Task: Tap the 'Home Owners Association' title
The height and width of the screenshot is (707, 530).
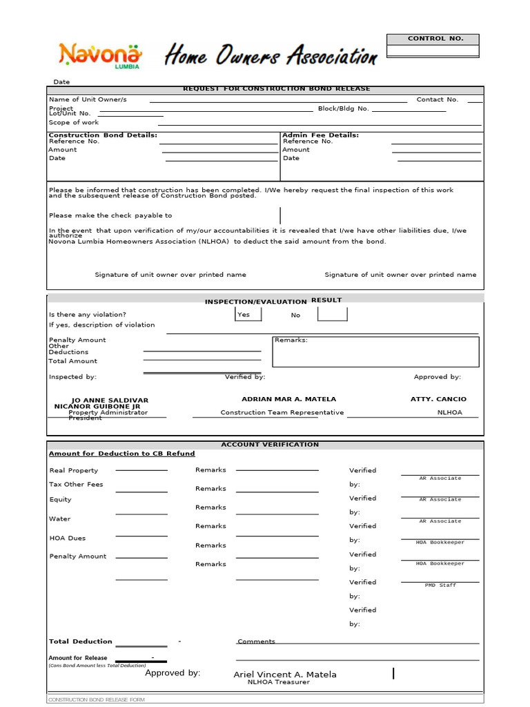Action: click(271, 55)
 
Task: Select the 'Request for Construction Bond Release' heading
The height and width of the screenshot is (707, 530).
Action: click(276, 89)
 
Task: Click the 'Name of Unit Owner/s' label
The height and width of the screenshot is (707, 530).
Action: click(88, 99)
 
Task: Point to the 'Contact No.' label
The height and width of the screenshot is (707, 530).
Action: click(437, 99)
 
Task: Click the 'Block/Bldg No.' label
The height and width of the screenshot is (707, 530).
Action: click(343, 108)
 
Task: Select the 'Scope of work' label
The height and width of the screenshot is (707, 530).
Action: click(74, 122)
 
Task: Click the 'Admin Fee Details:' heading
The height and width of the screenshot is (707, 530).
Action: click(320, 135)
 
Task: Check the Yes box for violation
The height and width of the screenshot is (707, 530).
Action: click(248, 314)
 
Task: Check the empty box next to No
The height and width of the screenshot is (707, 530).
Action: click(332, 314)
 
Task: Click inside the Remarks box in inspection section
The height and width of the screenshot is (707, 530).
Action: click(375, 353)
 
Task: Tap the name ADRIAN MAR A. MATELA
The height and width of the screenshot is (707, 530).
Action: click(288, 399)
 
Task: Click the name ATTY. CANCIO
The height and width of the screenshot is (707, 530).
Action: click(438, 399)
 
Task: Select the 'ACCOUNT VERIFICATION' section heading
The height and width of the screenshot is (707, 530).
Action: click(270, 445)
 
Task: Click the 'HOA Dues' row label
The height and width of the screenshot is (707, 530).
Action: click(68, 538)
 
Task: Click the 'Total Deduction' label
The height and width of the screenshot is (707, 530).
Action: click(80, 641)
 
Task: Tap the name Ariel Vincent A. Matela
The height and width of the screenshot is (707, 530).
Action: click(285, 675)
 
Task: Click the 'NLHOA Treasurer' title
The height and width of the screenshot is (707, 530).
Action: click(279, 682)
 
